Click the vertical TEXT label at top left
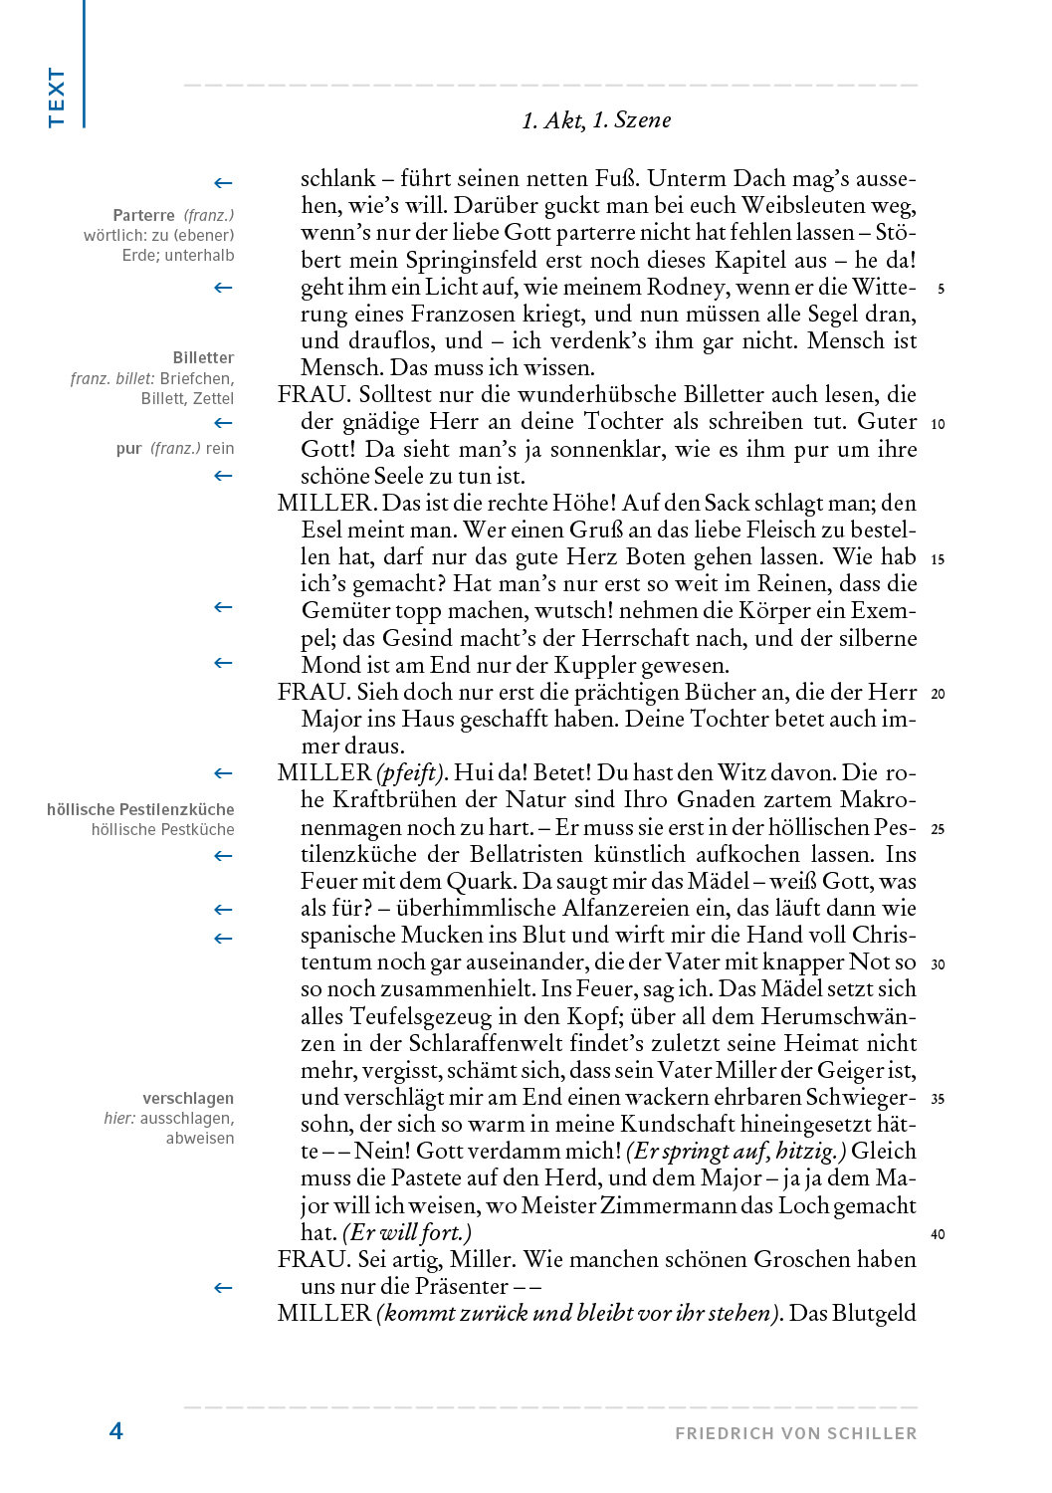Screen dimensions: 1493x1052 click(56, 97)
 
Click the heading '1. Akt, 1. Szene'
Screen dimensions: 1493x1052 click(596, 120)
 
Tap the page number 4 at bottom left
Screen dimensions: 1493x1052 click(116, 1431)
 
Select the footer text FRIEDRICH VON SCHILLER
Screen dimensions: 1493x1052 click(795, 1433)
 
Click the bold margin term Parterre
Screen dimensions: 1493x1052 click(143, 215)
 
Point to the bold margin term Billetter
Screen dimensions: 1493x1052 click(203, 357)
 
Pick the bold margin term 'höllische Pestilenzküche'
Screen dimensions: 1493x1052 click(140, 809)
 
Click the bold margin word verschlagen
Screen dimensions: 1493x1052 click(188, 1098)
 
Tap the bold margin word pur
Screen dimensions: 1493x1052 click(128, 448)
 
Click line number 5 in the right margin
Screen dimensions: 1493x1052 click(941, 290)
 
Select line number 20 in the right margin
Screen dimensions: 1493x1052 click(938, 694)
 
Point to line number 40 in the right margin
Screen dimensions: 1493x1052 click(938, 1234)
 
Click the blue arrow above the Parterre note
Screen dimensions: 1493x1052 click(223, 183)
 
